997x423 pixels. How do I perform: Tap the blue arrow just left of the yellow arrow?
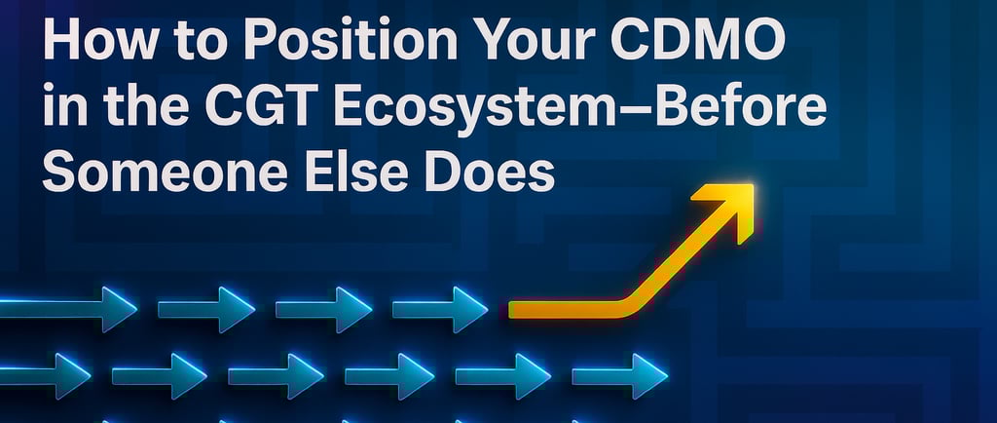(x=440, y=309)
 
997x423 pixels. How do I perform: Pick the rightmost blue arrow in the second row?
(x=620, y=376)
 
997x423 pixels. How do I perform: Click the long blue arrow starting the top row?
(x=68, y=309)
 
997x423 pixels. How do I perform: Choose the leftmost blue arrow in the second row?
(x=45, y=376)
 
